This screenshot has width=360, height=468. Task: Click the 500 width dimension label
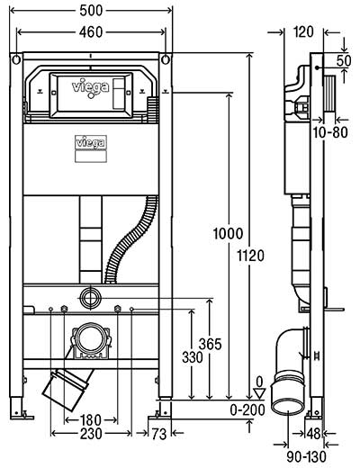(x=91, y=11)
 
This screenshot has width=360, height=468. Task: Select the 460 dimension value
(x=91, y=32)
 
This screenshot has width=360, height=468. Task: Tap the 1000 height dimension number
(x=228, y=234)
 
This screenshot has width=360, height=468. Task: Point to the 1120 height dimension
(x=251, y=256)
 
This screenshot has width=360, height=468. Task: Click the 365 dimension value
(x=210, y=344)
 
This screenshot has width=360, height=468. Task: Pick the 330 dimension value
(x=193, y=357)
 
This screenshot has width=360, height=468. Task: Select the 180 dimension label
(x=91, y=420)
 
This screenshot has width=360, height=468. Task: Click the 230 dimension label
(x=91, y=434)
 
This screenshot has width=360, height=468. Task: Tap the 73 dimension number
(x=159, y=434)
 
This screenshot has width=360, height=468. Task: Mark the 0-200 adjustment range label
(x=247, y=410)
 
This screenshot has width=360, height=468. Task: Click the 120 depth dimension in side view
(x=303, y=31)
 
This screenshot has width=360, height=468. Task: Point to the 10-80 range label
(x=330, y=132)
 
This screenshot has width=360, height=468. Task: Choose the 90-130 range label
(x=306, y=457)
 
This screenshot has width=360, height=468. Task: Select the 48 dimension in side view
(x=314, y=434)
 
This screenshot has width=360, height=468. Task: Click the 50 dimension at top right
(x=344, y=60)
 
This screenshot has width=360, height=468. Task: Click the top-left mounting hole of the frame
(x=16, y=60)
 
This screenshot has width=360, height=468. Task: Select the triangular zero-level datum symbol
(x=259, y=393)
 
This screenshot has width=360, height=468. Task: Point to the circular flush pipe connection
(x=91, y=298)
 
